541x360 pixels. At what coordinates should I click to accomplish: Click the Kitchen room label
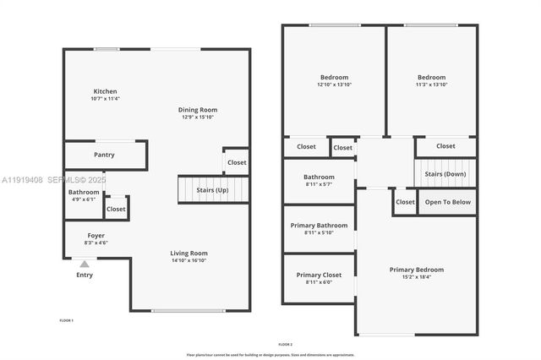click(x=106, y=91)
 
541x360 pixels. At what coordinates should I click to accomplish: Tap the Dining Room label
click(x=198, y=109)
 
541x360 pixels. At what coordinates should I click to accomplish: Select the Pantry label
click(x=105, y=155)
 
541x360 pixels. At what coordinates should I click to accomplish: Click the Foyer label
click(x=96, y=235)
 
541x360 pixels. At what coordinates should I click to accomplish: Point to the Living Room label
click(x=189, y=253)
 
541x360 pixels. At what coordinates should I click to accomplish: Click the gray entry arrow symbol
click(x=85, y=264)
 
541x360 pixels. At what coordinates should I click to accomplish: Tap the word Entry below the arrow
click(x=85, y=275)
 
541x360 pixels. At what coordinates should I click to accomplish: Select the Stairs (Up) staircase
click(x=213, y=190)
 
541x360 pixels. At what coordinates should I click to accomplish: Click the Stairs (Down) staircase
click(x=445, y=173)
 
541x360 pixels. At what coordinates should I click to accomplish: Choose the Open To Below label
click(x=448, y=202)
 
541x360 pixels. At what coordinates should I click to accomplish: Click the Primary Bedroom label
click(x=416, y=270)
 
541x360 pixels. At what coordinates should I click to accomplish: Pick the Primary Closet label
click(x=319, y=275)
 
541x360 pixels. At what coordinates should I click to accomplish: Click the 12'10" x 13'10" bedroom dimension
click(x=334, y=85)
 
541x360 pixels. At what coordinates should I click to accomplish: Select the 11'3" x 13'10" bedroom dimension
click(x=431, y=85)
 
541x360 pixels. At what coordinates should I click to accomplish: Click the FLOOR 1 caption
click(x=66, y=320)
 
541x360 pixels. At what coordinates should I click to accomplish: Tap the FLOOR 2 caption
click(x=285, y=344)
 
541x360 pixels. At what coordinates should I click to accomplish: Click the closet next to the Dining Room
click(x=237, y=162)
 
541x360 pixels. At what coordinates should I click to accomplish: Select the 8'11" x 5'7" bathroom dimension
click(x=319, y=184)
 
